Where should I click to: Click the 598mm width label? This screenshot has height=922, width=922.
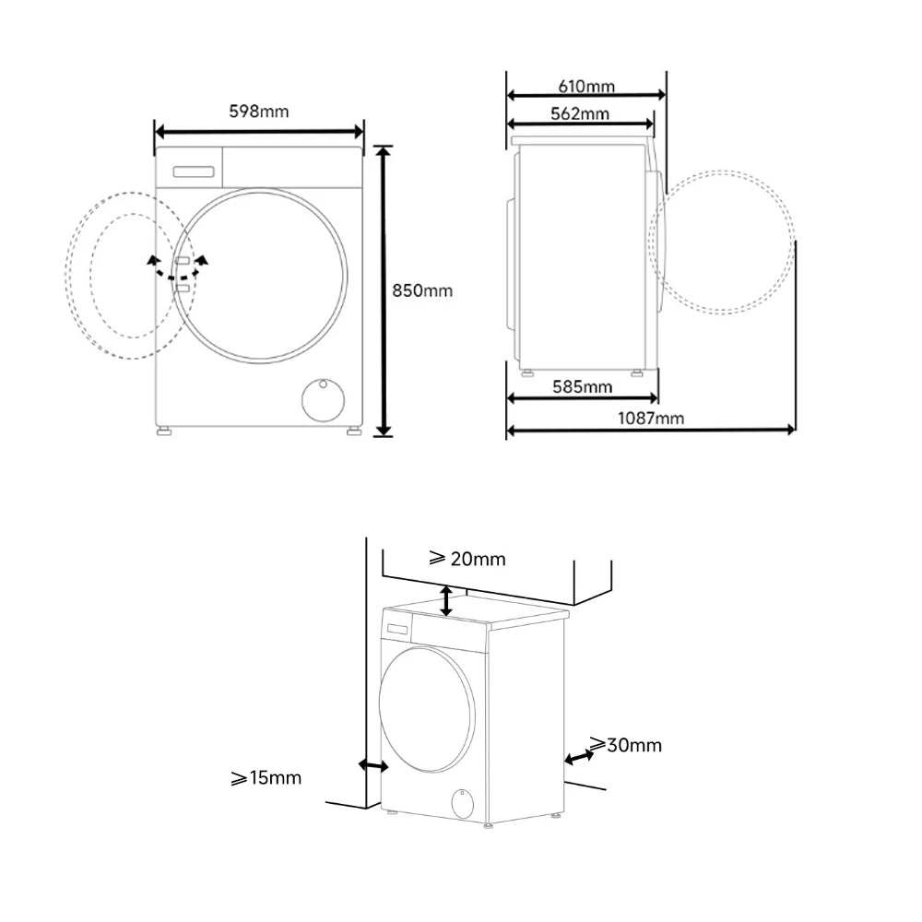(259, 112)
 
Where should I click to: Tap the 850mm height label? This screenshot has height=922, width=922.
(422, 290)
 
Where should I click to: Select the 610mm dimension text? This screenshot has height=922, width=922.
(586, 87)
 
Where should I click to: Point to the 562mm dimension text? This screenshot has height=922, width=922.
(580, 113)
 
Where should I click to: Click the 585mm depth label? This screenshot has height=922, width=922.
(582, 386)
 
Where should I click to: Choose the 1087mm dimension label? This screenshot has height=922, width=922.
(650, 418)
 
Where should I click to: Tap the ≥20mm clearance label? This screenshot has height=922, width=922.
(467, 558)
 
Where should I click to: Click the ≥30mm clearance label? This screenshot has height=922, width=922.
(626, 744)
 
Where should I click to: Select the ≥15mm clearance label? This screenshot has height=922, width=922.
(266, 777)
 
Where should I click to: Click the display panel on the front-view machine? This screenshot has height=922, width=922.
(194, 171)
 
